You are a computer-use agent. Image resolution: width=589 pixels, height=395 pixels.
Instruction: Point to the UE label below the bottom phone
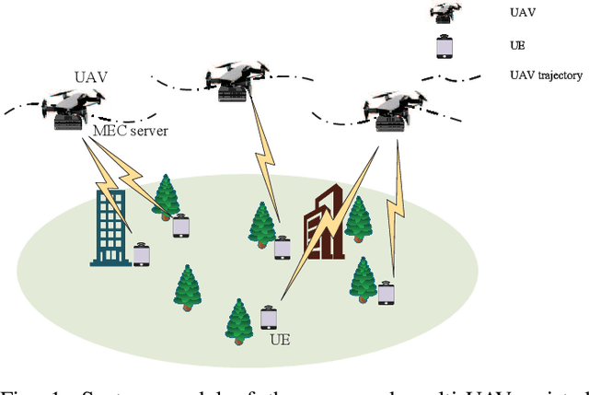279,340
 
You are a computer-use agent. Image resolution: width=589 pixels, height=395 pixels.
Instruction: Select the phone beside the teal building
141,253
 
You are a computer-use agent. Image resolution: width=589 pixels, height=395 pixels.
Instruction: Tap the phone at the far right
387,292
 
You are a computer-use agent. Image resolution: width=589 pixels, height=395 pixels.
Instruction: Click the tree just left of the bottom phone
239,320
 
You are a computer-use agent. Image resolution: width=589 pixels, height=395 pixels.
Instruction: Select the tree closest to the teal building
167,195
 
